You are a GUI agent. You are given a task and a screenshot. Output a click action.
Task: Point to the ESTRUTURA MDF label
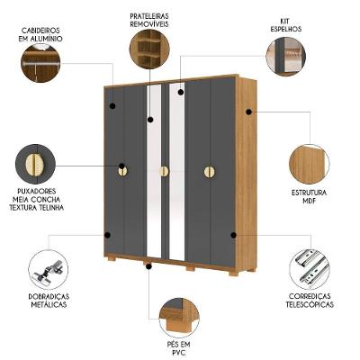click(309, 197)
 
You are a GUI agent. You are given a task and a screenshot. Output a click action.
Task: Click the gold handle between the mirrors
click(164, 171)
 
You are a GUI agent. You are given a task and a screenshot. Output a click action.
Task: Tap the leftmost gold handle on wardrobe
click(123, 171)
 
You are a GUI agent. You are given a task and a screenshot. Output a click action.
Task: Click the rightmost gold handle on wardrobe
click(209, 171)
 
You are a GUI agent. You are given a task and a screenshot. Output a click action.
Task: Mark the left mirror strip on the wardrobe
click(154, 171)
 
